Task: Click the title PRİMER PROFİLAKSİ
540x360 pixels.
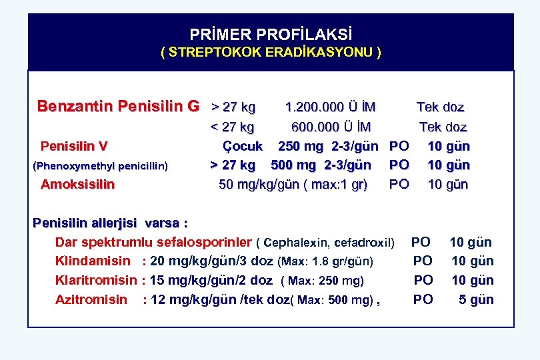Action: pos(271,34)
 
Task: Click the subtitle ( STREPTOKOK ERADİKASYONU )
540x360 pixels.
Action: pos(271,52)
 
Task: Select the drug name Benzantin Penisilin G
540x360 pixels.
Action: pos(118,106)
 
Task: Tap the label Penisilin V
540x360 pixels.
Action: pos(74,145)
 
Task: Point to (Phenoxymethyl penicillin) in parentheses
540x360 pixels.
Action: pos(100,165)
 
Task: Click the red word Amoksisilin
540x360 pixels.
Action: pos(77,184)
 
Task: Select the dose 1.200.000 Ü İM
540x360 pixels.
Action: pos(330,107)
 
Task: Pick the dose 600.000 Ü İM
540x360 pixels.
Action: pos(331,127)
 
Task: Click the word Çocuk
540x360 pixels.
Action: pos(242,145)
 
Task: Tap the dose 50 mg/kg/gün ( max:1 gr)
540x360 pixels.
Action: pos(293,184)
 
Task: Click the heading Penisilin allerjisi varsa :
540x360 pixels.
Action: pos(110,223)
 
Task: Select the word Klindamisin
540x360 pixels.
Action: pos(93,261)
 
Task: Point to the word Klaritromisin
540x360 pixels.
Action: pos(96,280)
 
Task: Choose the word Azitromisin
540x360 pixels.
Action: pos(91,299)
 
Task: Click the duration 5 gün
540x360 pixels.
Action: pos(476,299)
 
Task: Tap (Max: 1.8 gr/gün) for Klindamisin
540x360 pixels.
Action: pos(325,261)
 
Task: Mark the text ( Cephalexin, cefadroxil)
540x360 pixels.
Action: pos(325,242)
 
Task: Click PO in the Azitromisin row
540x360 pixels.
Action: pos(423,299)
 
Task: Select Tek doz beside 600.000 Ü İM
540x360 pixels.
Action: pos(443,127)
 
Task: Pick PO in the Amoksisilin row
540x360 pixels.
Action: pos(399,184)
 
